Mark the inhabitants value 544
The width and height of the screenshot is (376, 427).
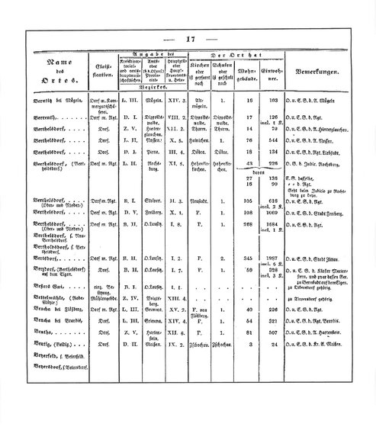[x=269, y=162]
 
